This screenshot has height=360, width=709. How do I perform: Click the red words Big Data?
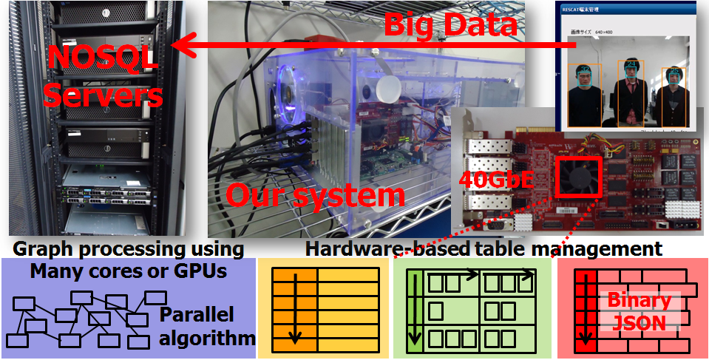click(x=450, y=24)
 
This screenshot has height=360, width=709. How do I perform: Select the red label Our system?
click(x=315, y=195)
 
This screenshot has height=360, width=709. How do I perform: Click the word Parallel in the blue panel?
click(x=197, y=315)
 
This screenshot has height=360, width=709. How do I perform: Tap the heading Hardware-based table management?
click(x=484, y=248)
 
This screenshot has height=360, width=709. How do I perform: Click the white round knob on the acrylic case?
click(x=386, y=90)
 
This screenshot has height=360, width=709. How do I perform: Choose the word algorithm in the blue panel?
click(x=207, y=339)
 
